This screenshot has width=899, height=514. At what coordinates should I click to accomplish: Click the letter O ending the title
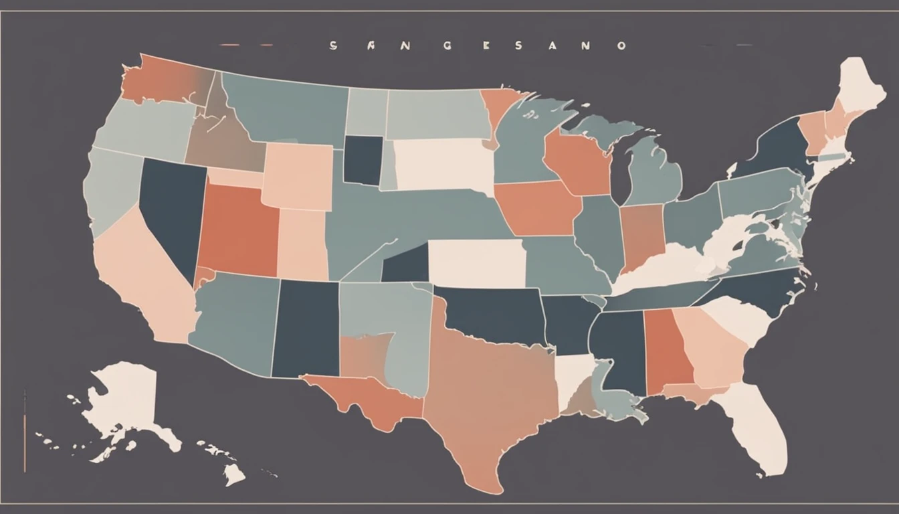[622, 46]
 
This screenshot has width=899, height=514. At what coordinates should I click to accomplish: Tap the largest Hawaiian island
[234, 475]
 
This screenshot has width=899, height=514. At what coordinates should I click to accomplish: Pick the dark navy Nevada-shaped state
[171, 207]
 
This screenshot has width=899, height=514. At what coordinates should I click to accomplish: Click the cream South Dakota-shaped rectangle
[441, 164]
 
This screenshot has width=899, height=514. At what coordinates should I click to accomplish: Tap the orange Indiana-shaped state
[642, 234]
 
